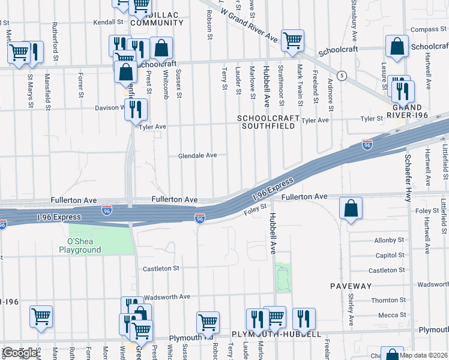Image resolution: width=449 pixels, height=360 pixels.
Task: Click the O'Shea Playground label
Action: coord(80,246)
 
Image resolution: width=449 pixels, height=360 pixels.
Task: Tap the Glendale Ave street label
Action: coord(197,155)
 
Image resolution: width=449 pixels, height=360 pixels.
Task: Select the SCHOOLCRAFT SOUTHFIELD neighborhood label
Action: coord(268,122)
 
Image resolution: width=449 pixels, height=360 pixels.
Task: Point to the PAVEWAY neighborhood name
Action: coord(348,287)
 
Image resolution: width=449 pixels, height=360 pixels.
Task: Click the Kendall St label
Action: coord(108,22)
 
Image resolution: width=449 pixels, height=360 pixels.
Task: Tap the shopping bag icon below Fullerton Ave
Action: coord(351,209)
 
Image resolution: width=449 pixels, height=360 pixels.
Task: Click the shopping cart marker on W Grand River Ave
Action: coord(292,41)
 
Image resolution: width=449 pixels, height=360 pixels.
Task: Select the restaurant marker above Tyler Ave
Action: coord(136,110)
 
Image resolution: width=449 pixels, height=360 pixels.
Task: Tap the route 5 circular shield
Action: coord(342,75)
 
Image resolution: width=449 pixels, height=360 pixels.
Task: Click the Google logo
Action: coord(20,353)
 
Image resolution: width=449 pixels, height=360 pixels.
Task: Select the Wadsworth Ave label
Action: coord(166,296)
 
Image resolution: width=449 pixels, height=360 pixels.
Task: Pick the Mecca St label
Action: coord(391,316)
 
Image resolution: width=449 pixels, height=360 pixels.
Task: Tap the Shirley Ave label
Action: coord(350,306)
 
